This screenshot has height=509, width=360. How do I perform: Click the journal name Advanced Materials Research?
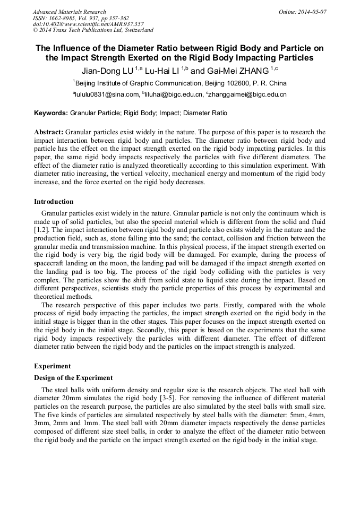click(69, 12)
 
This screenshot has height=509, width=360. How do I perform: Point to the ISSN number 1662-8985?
click(63, 18)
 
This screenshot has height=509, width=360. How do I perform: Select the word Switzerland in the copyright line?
click(135, 30)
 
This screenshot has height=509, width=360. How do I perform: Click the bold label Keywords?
click(51, 113)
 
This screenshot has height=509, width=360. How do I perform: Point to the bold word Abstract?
click(49, 131)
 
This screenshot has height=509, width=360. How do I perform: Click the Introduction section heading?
click(54, 202)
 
